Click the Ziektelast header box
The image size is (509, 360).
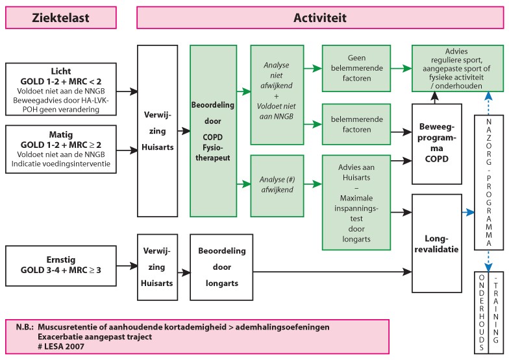[61, 18]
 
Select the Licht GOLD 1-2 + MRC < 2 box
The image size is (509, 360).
[61, 89]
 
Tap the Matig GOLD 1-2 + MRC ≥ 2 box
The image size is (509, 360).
[61, 149]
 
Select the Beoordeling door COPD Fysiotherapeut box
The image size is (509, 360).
[211, 130]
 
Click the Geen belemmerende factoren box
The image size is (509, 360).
[357, 67]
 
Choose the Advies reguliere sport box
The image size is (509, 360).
[451, 67]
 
